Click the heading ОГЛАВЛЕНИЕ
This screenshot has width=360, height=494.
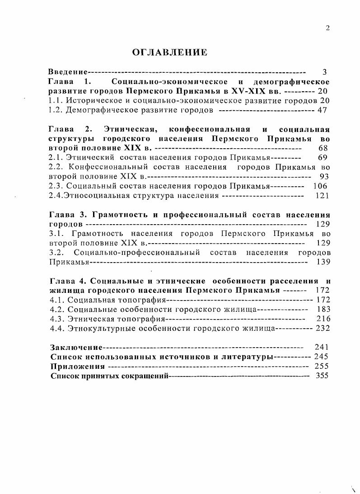tap(169, 53)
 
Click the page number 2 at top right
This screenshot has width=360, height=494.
tap(328, 28)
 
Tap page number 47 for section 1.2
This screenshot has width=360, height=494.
tap(322, 110)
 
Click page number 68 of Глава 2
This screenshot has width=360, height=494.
tap(323, 148)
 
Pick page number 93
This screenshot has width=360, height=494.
tap(324, 177)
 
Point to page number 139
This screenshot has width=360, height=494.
tap(323, 262)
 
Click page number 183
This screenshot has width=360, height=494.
tap(323, 309)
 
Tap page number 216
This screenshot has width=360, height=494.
tap(323, 319)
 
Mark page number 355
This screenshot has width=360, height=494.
tap(323, 376)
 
